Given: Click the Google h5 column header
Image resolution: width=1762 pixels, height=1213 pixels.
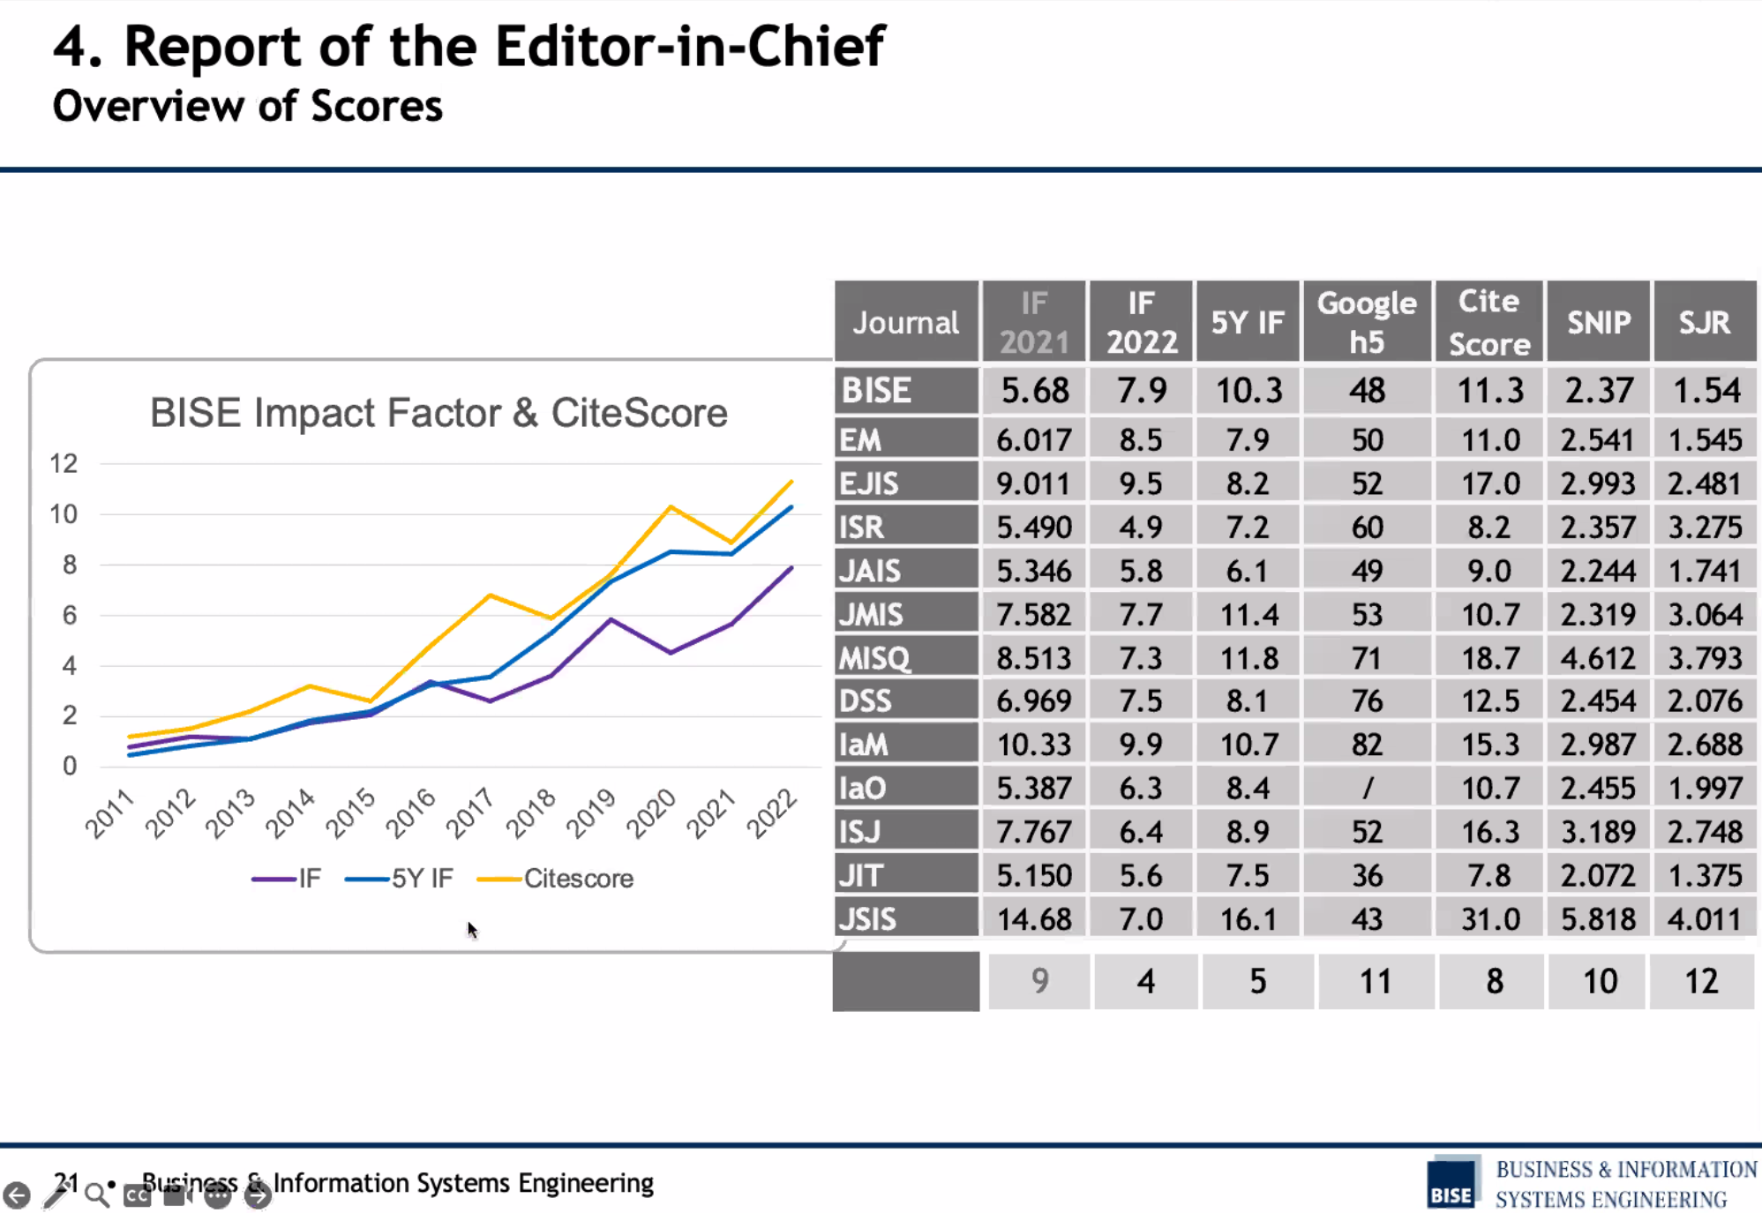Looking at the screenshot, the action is tap(1367, 322).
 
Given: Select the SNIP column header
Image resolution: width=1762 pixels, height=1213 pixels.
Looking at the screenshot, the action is tap(1598, 323).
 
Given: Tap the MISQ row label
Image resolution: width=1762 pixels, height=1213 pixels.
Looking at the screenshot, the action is tap(874, 658).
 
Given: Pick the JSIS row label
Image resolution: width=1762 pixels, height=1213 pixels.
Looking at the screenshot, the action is tap(868, 919).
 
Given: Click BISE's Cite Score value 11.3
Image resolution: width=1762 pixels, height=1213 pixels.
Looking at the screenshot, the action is tap(1489, 390).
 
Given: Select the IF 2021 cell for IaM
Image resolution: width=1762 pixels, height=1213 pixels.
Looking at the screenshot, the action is tap(1033, 745).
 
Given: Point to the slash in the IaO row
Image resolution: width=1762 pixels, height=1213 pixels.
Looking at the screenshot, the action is tap(1367, 788).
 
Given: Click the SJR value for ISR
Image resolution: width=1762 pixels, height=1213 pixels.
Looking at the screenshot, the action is tap(1705, 528).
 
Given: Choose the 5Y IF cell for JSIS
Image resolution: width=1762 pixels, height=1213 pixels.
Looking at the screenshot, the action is tap(1248, 919).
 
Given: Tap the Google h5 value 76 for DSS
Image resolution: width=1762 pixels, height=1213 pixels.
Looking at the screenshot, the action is tap(1367, 701).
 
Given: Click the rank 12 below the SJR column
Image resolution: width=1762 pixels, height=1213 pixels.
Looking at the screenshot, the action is tap(1701, 981).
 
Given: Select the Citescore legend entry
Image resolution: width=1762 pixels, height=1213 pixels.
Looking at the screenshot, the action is tap(555, 879).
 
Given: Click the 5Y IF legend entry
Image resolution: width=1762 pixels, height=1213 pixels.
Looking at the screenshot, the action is tap(399, 879).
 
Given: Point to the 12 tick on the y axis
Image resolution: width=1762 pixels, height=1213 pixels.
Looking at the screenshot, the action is tap(64, 463).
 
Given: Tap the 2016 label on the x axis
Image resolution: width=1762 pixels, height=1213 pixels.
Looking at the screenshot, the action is tap(411, 812).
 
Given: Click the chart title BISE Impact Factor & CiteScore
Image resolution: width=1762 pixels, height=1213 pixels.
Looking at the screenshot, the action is tap(439, 413).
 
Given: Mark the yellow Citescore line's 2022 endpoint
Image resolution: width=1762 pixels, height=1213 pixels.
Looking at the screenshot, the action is tap(791, 482).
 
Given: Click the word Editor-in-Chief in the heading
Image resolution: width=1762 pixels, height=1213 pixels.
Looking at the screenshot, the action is tap(689, 46).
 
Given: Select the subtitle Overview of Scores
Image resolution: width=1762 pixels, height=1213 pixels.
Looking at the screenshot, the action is tap(247, 106).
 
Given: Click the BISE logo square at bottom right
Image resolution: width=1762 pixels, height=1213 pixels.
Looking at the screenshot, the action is tap(1452, 1184).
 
